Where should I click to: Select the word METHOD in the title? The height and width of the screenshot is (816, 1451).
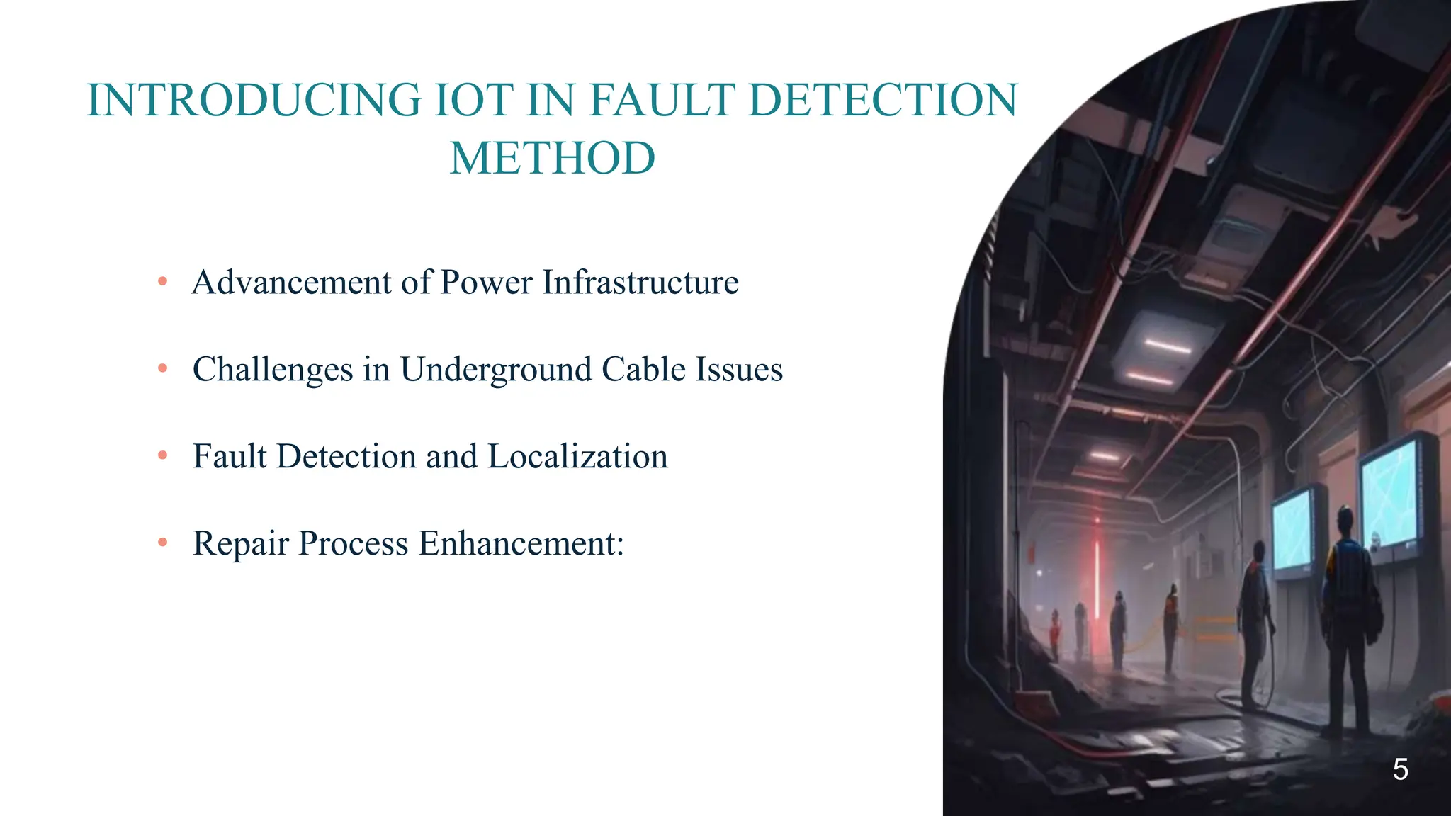(x=553, y=158)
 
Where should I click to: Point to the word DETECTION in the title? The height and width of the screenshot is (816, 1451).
(x=883, y=100)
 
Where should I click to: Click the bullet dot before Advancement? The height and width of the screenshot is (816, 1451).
(x=163, y=282)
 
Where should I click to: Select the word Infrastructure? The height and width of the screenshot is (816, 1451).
(x=640, y=282)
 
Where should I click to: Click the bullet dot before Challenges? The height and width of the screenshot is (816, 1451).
(x=163, y=368)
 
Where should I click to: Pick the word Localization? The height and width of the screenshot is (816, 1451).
(x=577, y=456)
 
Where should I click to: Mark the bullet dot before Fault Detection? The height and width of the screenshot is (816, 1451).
(x=163, y=455)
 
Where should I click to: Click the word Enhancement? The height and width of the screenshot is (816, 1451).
(x=521, y=543)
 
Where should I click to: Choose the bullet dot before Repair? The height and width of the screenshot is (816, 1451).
(x=163, y=543)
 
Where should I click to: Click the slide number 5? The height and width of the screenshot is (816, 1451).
(x=1400, y=769)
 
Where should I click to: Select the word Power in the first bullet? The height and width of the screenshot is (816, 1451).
(x=486, y=282)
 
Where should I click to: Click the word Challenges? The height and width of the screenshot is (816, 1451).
(x=273, y=370)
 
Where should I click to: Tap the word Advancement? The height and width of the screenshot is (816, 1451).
(x=291, y=282)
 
